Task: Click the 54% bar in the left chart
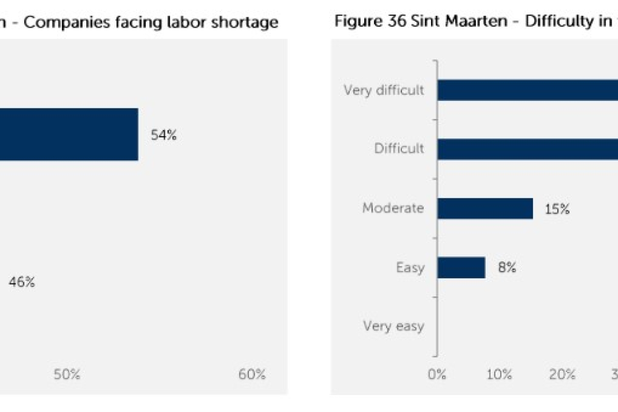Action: pos(69,134)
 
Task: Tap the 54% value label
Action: pos(164,136)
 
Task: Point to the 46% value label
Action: pos(22,282)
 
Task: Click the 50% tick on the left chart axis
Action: pos(67,375)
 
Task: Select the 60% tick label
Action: pos(252,375)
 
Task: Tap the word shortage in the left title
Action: pos(248,22)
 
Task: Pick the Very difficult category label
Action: pos(384,90)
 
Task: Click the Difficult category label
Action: pos(399,149)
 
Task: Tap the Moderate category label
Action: pos(393,208)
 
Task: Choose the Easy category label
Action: pos(410,267)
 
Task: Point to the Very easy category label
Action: pos(394,326)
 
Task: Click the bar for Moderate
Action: pos(485,208)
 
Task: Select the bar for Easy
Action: pos(461,267)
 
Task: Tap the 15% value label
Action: pos(557,209)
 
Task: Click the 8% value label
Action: pos(507,267)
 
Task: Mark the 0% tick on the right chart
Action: pos(437,375)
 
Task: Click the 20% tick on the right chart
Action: pos(562,375)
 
